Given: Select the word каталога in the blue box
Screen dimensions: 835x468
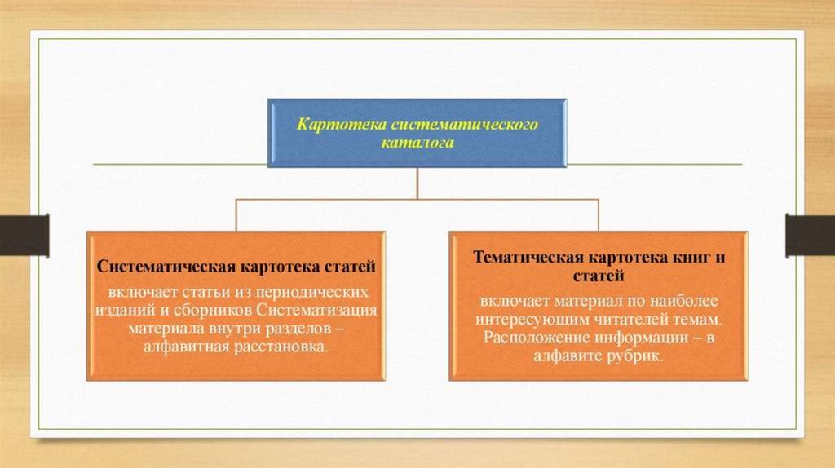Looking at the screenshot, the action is pos(417,142).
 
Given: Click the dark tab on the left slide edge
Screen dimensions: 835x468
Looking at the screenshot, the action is pos(24,234).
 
